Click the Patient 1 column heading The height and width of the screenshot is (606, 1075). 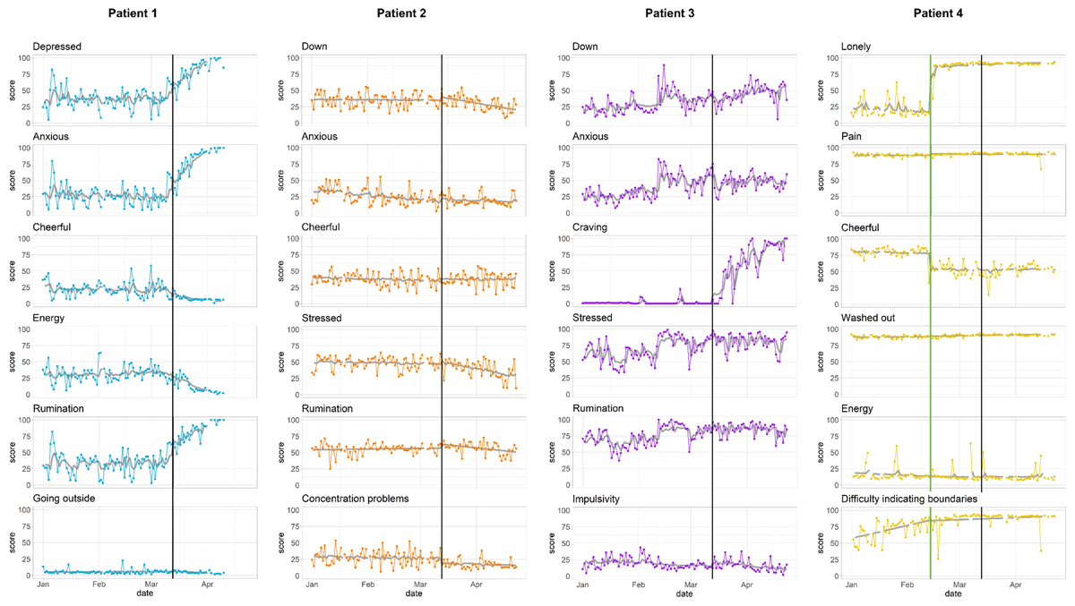tap(136, 13)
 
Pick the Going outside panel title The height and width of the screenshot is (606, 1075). tap(66, 499)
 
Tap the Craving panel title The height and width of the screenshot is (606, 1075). tap(591, 227)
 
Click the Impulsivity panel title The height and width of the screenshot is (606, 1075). tap(598, 499)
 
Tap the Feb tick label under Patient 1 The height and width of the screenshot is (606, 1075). tap(99, 585)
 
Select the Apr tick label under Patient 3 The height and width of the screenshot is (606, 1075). tap(746, 585)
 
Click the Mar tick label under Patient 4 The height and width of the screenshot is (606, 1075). tap(959, 585)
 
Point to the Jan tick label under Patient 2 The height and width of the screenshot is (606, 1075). tap(312, 585)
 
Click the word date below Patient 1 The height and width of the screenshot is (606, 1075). tap(144, 593)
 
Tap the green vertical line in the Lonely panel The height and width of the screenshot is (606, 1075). tap(931, 90)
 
